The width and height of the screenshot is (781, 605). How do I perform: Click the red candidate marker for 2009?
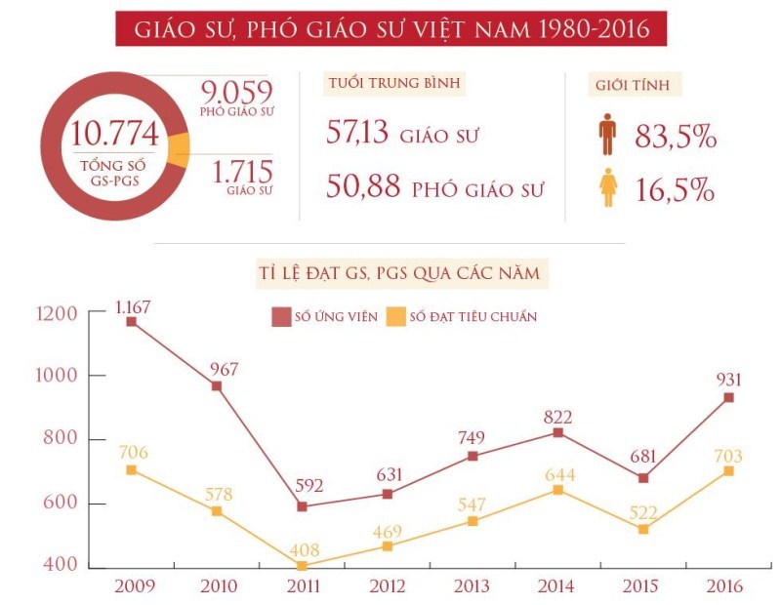(x=131, y=321)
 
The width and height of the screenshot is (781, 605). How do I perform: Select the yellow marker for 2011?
(x=302, y=565)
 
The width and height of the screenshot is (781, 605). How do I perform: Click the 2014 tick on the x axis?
(x=557, y=586)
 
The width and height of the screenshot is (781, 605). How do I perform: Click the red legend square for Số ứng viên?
(x=282, y=316)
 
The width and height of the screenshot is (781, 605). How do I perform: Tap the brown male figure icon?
(x=607, y=136)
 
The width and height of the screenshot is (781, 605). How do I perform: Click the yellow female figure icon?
(x=607, y=187)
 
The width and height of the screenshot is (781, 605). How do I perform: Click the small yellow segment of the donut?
(x=178, y=148)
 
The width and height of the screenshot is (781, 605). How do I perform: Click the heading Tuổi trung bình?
(x=393, y=84)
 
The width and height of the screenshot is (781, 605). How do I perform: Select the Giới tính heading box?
(x=637, y=84)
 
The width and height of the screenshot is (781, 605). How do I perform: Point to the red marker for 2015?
(x=643, y=478)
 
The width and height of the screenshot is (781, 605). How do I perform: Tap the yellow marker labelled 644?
(x=557, y=490)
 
